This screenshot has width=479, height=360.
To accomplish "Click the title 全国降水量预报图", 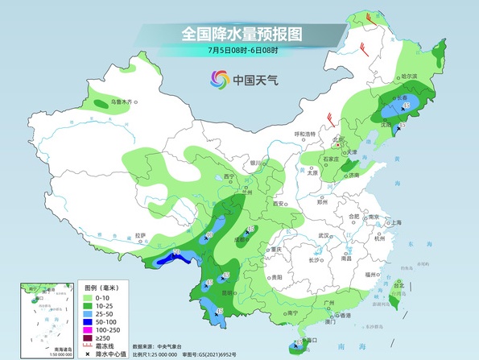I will point(240,35).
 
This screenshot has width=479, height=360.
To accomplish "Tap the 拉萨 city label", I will point(142,235).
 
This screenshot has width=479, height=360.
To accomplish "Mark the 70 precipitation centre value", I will point(176,254).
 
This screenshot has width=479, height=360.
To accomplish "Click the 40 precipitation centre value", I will point(209,236).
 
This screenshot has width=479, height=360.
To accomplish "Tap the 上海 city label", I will point(395,222).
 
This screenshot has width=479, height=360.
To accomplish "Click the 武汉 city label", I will point(325,235).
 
